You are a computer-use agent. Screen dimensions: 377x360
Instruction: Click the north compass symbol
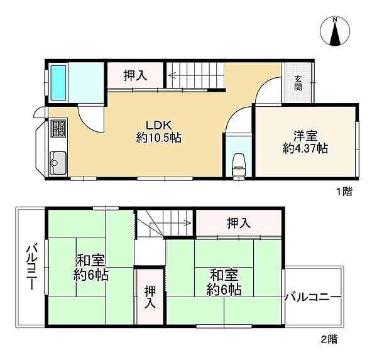coord(335,31)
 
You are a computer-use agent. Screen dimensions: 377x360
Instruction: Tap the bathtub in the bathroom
coord(58,83)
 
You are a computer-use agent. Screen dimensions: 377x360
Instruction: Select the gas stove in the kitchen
coord(58,128)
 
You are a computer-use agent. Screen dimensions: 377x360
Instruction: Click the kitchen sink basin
coord(58,163)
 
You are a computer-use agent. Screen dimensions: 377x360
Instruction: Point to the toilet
coord(239,165)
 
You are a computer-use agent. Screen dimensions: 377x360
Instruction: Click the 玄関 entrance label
coord(298,83)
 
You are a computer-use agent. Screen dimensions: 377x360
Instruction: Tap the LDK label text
coord(159,125)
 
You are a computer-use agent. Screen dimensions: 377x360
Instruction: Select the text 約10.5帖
coord(159,138)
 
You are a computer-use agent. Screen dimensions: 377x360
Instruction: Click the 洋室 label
coord(305,136)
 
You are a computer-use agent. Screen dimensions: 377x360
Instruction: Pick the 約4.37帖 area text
coord(305,148)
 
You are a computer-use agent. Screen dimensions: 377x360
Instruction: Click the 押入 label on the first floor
coord(135,75)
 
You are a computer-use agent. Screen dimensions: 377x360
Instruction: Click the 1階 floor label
coord(344,192)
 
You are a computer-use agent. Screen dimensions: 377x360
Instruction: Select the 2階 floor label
coord(329,339)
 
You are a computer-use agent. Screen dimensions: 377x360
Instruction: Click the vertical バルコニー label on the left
coord(32,267)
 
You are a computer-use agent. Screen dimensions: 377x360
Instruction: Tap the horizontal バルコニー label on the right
coord(313,297)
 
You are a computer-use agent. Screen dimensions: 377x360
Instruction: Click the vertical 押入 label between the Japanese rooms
coord(150,297)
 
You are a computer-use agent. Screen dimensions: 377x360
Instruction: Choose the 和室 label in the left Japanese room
coord(90,261)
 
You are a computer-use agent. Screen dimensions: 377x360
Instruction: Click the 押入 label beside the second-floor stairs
coord(239,223)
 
